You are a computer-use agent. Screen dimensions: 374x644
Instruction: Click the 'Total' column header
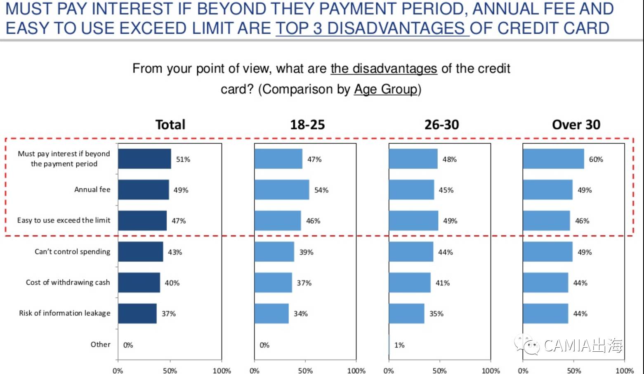pos(170,124)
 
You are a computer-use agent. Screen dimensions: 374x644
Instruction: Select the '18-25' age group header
pos(307,124)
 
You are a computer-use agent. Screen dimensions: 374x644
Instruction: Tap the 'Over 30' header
pos(576,124)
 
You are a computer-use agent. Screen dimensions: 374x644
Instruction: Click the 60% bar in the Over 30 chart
pos(553,159)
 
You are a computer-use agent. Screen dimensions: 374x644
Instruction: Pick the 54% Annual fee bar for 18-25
pos(282,190)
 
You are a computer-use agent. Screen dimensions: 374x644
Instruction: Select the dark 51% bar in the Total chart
pos(144,159)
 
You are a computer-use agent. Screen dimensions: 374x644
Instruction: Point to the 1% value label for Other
pos(399,345)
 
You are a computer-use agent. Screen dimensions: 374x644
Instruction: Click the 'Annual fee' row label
pos(92,189)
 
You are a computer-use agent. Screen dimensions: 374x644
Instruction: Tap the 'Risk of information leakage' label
pos(65,313)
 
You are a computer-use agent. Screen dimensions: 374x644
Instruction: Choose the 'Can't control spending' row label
pos(73,252)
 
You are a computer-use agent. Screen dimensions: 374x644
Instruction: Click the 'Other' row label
pos(101,344)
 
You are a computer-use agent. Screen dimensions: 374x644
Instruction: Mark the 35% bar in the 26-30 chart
pos(406,313)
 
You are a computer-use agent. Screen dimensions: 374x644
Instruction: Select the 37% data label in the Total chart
pos(169,314)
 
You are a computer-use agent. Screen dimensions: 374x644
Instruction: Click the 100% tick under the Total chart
pos(222,371)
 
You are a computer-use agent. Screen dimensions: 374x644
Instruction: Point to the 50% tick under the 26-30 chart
pos(439,371)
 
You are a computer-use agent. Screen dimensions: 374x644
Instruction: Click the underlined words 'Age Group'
pos(386,89)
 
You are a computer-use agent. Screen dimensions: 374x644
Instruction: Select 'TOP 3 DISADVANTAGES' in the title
pos(372,28)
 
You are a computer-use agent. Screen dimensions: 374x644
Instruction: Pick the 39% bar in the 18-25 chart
pos(274,252)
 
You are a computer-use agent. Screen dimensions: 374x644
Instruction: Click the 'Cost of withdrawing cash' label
pos(68,283)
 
